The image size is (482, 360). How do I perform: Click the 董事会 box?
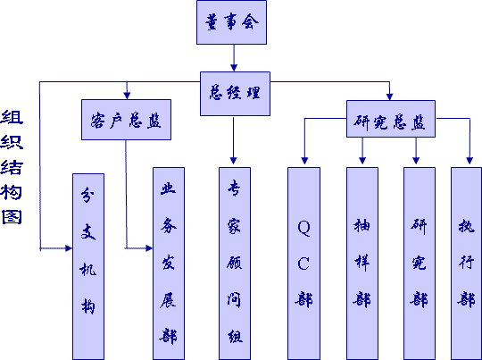pyautogui.click(x=231, y=22)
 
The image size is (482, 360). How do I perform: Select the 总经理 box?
pyautogui.click(x=235, y=94)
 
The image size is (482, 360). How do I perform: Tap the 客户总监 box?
pyautogui.click(x=126, y=120)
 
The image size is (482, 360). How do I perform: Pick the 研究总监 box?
pyautogui.click(x=391, y=119)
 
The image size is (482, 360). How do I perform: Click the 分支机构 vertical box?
pyautogui.click(x=88, y=266)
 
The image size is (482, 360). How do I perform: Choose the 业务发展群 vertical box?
pyautogui.click(x=169, y=264)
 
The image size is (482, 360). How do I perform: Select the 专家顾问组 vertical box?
pyautogui.click(x=235, y=264)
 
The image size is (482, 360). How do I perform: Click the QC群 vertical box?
pyautogui.click(x=303, y=264)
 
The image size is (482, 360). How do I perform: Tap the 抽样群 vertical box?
pyautogui.click(x=362, y=264)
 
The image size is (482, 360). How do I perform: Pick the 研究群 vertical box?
pyautogui.click(x=420, y=264)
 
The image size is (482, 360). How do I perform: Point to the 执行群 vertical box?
pyautogui.click(x=466, y=264)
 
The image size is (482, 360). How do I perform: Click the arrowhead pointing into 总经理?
pyautogui.click(x=234, y=68)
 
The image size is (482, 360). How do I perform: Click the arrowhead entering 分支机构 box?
pyautogui.click(x=69, y=248)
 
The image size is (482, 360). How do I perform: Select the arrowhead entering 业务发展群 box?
pyautogui.click(x=149, y=248)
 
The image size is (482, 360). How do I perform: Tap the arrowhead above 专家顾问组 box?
pyautogui.click(x=233, y=160)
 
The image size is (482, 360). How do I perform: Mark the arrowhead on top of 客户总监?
pyautogui.click(x=127, y=96)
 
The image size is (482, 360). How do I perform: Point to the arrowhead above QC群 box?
pyautogui.click(x=304, y=160)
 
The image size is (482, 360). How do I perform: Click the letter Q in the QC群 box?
pyautogui.click(x=303, y=228)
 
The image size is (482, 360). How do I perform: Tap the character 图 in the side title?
pyautogui.click(x=12, y=217)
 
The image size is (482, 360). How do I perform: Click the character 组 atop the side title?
pyautogui.click(x=12, y=117)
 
